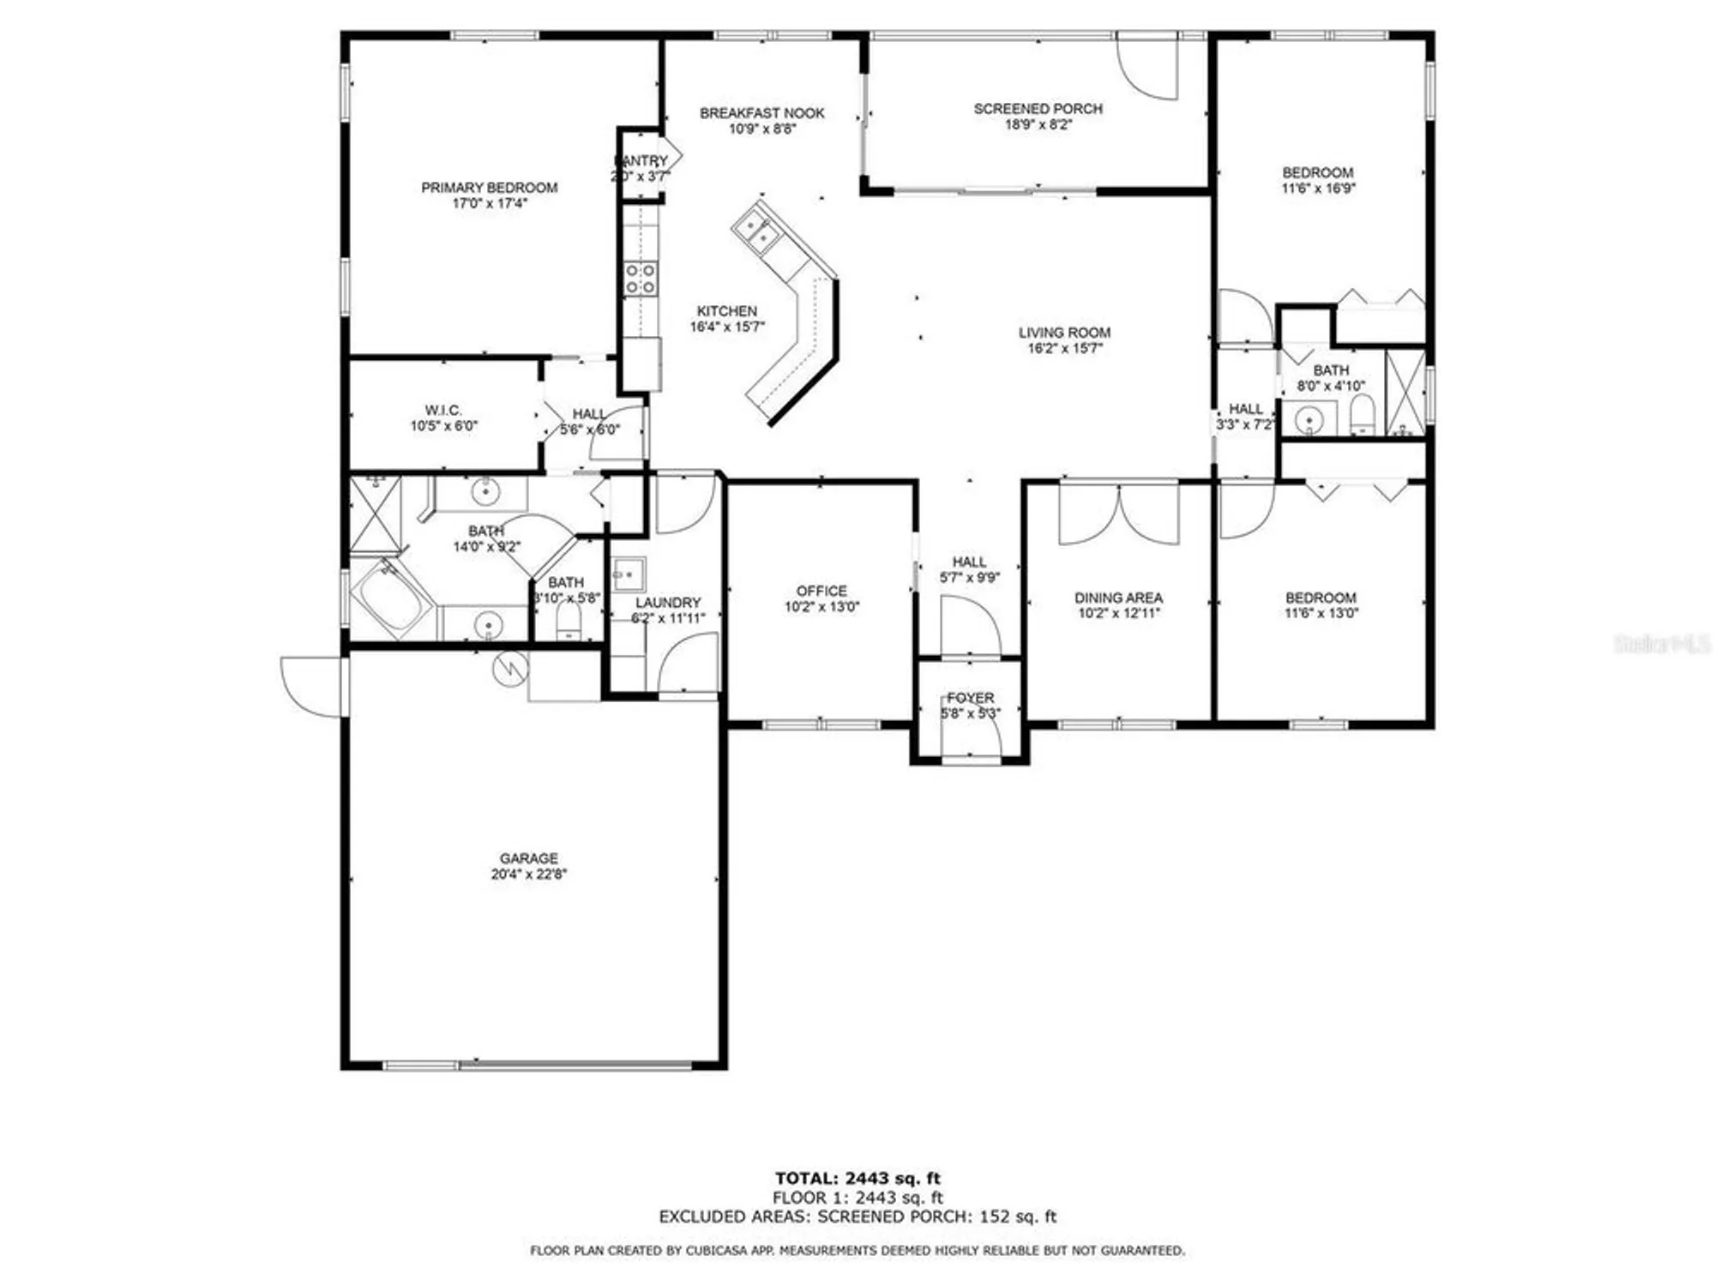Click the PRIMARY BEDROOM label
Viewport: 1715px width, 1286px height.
(489, 188)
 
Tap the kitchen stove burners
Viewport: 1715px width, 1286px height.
(641, 279)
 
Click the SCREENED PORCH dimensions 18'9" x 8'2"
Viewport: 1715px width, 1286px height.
(1038, 125)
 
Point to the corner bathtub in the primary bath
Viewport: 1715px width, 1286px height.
(390, 598)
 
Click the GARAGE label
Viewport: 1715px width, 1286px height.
(528, 858)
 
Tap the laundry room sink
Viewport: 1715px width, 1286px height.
(629, 574)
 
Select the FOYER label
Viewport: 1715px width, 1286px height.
(970, 698)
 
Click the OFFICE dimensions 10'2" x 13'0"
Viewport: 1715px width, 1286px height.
(821, 607)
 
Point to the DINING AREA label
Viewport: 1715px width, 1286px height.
(1118, 598)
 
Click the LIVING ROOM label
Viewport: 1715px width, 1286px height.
(1064, 333)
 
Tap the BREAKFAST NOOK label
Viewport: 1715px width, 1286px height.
(761, 113)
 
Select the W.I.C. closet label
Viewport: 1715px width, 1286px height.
(442, 411)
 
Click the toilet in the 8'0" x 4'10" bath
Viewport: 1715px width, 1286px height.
(1362, 416)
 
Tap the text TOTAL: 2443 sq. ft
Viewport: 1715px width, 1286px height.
(857, 1178)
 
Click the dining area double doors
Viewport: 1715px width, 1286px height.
(1119, 514)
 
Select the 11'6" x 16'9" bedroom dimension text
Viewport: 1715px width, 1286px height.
(1318, 189)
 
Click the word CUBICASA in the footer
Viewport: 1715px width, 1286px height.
(716, 1251)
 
